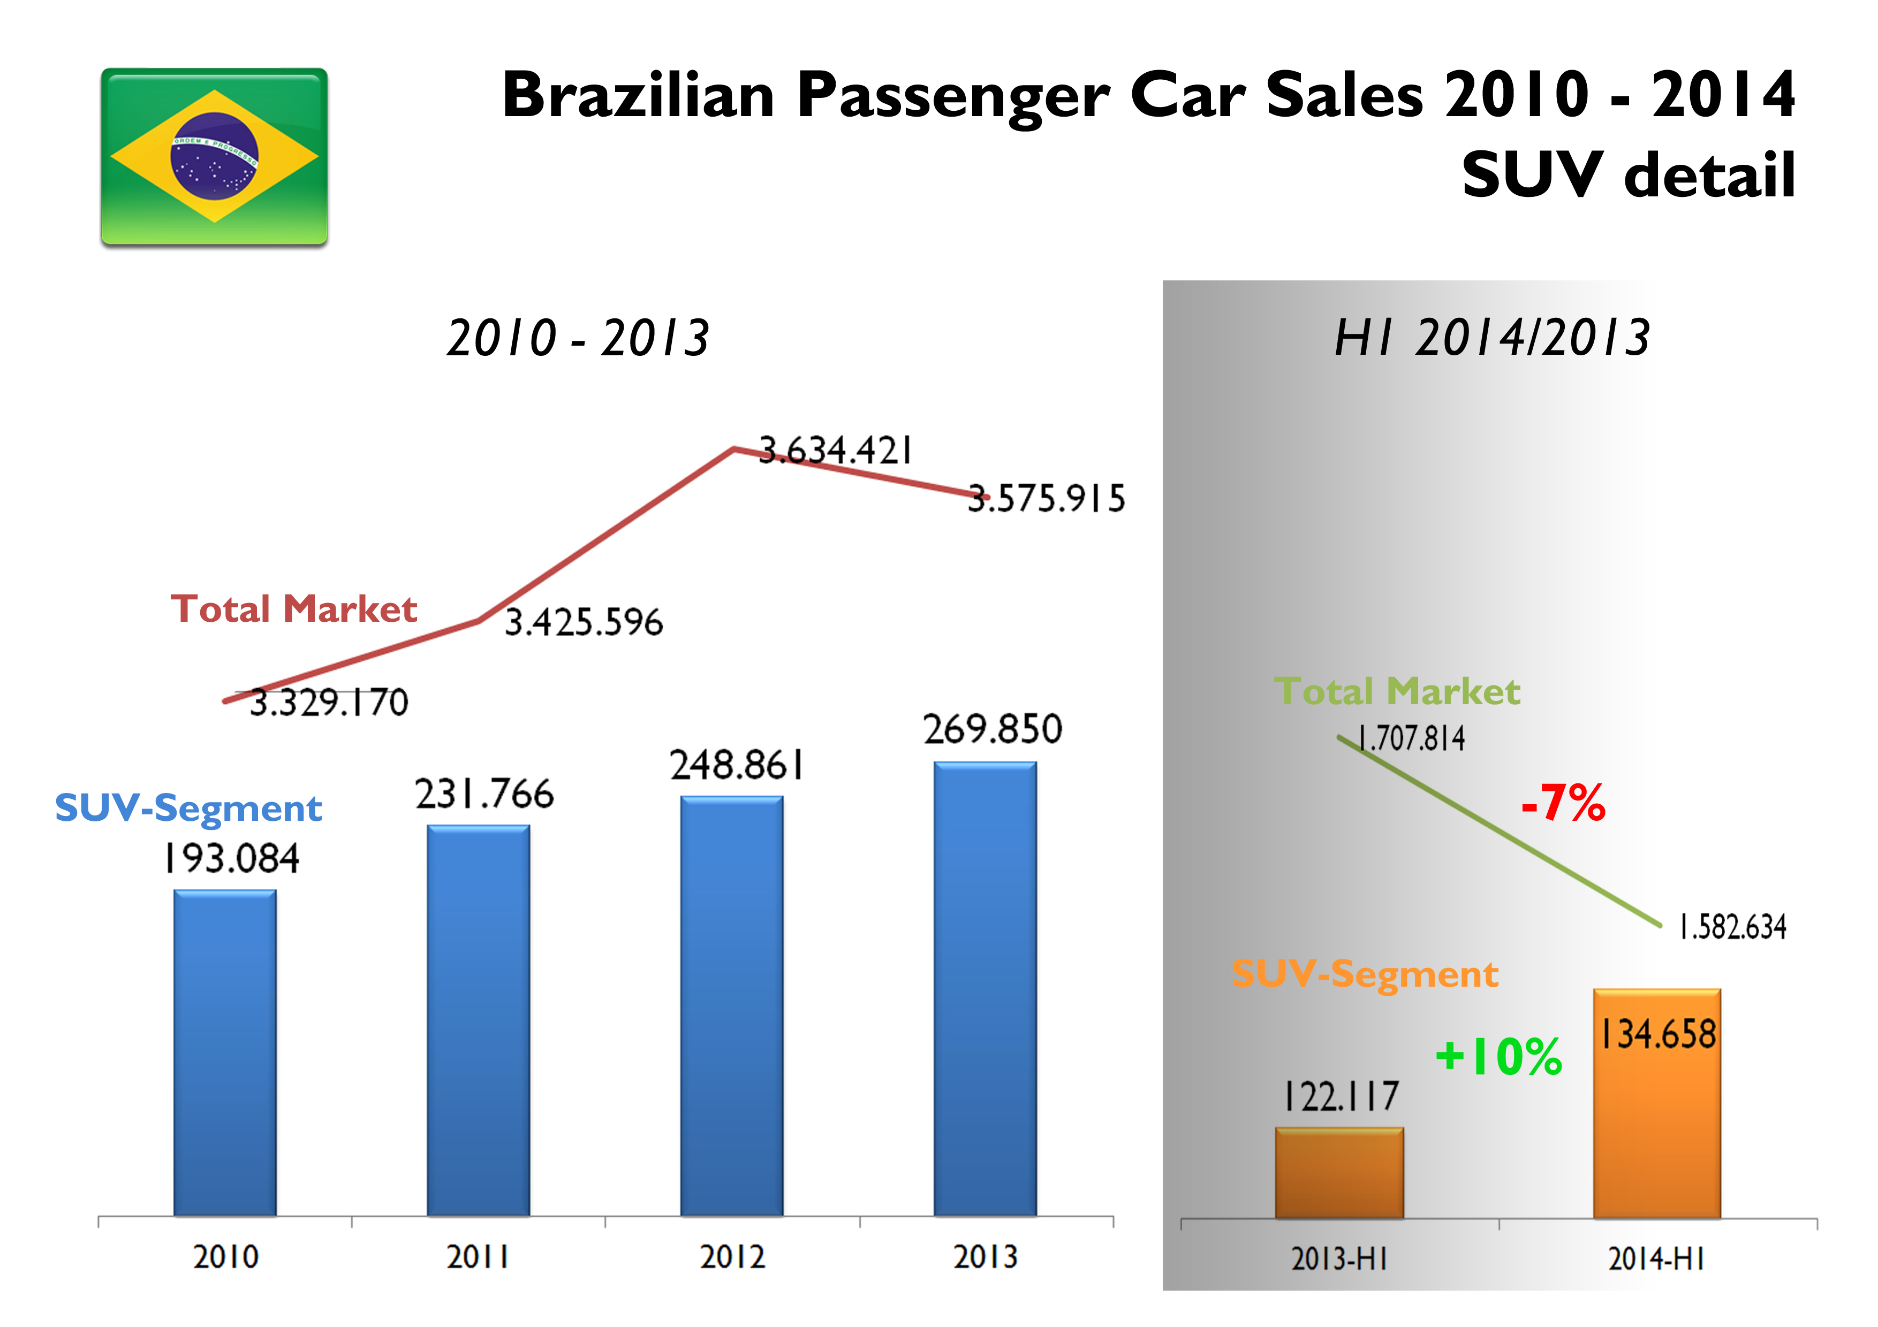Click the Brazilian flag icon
point(214,156)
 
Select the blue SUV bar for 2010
point(225,1053)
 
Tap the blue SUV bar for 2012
point(731,1005)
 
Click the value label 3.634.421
point(835,451)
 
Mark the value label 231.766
point(484,794)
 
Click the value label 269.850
point(992,729)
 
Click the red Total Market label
point(294,609)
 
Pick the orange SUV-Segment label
point(1364,974)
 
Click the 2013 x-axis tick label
point(985,1257)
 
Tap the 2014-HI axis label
point(1656,1259)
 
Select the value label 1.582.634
point(1732,927)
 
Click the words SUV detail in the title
point(1627,175)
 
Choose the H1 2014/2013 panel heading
point(1492,338)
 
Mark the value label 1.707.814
point(1411,738)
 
